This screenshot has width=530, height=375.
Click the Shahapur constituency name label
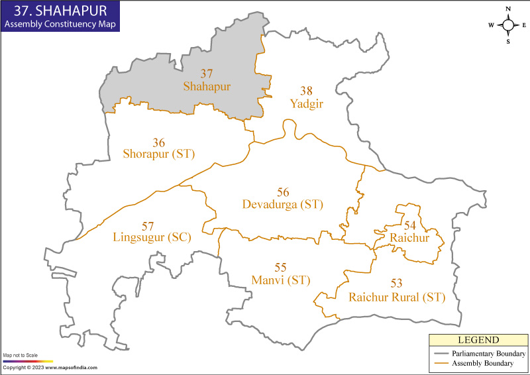(x=207, y=87)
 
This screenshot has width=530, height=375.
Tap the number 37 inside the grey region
(x=207, y=74)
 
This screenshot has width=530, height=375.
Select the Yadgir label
(x=305, y=103)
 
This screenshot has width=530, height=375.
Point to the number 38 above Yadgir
(x=305, y=90)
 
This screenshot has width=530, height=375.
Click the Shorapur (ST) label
(x=158, y=154)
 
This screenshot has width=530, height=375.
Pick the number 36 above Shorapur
(x=158, y=142)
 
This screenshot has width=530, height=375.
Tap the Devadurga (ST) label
(x=283, y=205)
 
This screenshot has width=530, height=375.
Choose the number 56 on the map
(x=283, y=192)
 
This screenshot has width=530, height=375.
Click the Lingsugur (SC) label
(x=152, y=237)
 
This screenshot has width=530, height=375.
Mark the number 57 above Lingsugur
(x=148, y=225)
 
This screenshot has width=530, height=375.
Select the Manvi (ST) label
(x=281, y=280)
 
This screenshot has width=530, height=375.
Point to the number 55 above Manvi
(x=280, y=268)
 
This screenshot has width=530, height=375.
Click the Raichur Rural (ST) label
(x=397, y=297)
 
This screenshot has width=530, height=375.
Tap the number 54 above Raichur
(x=410, y=225)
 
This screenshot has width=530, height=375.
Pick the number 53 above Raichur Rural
(x=396, y=284)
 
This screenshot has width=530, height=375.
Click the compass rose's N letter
(x=507, y=9)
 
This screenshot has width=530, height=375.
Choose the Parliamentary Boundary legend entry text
(x=489, y=354)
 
